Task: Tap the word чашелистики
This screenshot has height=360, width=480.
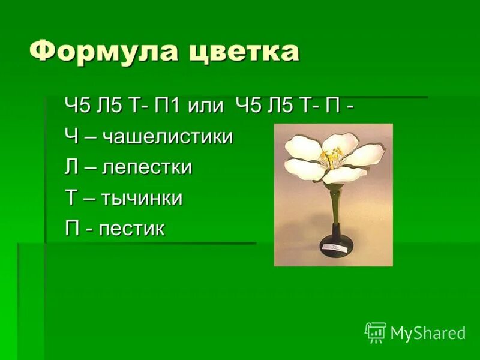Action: coord(167,137)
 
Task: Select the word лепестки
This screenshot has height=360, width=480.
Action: coord(147,167)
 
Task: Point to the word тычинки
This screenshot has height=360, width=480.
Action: coord(142,198)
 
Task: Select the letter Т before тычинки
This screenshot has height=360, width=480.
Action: coord(71,198)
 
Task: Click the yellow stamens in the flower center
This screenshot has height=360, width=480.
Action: coord(331,159)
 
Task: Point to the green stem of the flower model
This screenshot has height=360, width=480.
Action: coord(334,204)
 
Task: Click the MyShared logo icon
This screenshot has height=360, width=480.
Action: coord(376,332)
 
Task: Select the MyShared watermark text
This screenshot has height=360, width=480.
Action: coord(428,333)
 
